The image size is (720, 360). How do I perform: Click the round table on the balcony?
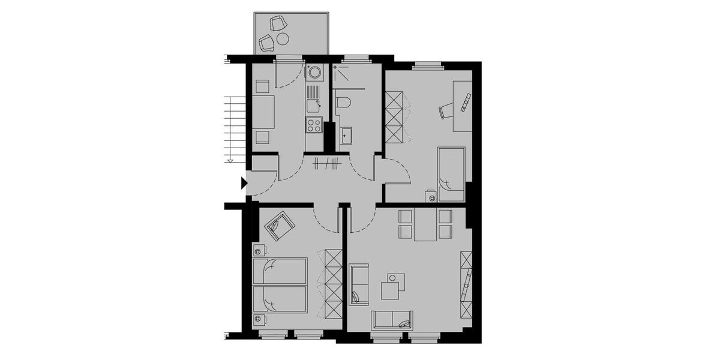point(283,39)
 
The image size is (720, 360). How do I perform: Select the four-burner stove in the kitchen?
point(314,125)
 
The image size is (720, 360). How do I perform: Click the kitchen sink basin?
point(313,106)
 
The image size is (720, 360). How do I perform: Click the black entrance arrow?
point(243,183)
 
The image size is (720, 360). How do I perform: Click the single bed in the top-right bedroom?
point(451,174)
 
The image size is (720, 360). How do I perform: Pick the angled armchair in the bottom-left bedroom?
point(278,226)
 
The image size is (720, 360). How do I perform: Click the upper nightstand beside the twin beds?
point(260,250)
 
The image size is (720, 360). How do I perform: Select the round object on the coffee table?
point(392,278)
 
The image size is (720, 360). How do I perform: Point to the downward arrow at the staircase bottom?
point(230,160)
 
